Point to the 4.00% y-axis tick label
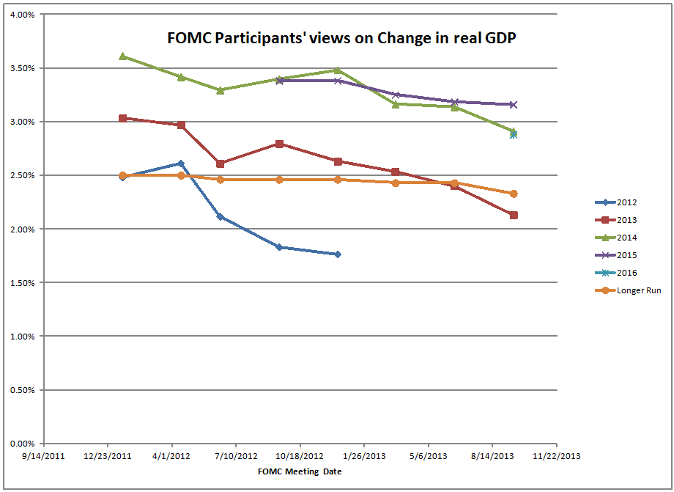coord(23,15)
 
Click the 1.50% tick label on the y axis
coord(23,283)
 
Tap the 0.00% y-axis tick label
coord(23,444)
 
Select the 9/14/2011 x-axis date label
coord(44,455)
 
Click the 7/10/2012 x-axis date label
coord(236,455)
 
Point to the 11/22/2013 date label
coord(556,455)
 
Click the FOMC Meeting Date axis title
coord(300,471)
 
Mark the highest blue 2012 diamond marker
coord(181,164)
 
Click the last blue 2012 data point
coord(338,254)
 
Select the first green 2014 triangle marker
coord(122,56)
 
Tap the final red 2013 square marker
coord(514,215)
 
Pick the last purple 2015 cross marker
coord(514,104)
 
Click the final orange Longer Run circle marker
coord(514,194)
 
